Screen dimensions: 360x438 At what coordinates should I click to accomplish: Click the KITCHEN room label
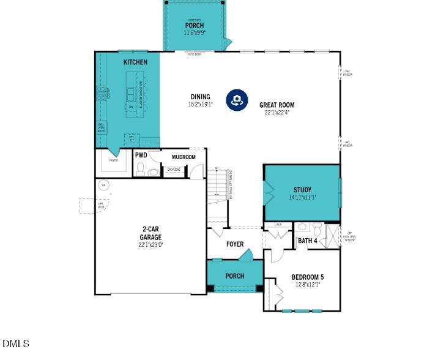135,62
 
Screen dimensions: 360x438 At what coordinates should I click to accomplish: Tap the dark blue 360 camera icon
236,100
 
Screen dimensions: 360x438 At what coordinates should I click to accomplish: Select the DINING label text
200,97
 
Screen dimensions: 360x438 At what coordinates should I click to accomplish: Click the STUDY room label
302,190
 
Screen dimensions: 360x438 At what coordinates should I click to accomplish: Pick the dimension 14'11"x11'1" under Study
302,198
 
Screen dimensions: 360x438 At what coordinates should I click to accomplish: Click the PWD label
141,156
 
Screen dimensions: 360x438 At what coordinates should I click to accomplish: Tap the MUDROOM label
184,157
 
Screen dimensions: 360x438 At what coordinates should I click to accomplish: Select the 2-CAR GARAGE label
150,233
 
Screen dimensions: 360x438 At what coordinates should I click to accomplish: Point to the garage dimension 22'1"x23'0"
150,244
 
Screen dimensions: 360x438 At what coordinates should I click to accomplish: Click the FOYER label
235,244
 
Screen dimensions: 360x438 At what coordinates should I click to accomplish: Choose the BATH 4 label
307,241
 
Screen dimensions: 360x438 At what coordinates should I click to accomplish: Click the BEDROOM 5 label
307,277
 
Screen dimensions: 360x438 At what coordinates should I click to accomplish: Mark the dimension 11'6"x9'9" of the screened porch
195,32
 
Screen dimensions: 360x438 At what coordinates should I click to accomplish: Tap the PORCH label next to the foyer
235,276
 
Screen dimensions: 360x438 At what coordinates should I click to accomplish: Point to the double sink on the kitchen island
131,93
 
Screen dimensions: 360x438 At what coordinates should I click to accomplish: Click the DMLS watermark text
16,343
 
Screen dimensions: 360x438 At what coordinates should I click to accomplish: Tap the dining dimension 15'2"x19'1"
200,105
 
